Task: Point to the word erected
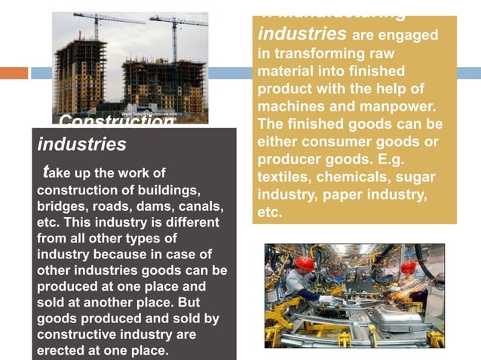[61, 351]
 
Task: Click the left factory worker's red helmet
[305, 263]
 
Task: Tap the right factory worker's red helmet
[409, 267]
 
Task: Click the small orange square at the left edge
[14, 73]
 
